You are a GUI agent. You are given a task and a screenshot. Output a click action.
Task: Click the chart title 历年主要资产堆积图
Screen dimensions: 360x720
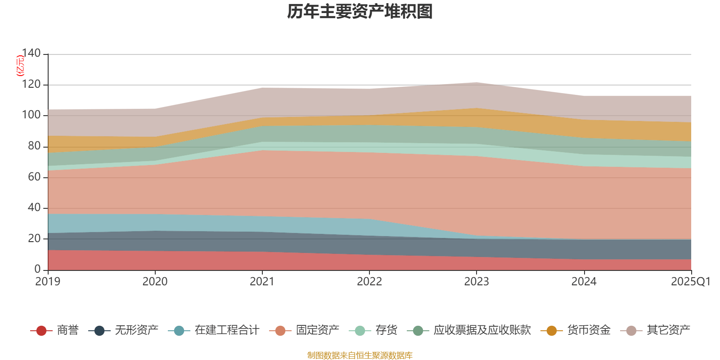360,12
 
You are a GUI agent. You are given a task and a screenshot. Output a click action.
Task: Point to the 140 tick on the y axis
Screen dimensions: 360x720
31,54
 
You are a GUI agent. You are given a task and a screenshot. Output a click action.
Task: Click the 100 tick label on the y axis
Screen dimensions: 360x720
31,115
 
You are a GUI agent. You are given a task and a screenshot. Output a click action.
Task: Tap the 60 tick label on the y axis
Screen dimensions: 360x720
34,177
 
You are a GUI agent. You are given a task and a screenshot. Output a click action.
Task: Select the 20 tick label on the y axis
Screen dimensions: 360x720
34,238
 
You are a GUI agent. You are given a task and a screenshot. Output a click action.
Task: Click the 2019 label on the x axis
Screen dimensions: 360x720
48,282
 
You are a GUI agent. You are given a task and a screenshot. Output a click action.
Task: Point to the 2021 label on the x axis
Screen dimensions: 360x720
262,282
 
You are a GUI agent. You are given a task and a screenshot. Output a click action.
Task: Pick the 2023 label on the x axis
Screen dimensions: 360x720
477,282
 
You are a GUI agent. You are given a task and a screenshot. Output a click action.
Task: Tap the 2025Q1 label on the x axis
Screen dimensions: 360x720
690,282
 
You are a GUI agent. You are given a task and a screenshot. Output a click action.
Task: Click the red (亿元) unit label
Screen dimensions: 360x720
20,66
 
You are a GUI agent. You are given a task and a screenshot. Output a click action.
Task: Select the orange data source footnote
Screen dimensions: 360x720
360,355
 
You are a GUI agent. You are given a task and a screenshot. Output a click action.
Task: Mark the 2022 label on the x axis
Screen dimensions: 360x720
369,282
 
